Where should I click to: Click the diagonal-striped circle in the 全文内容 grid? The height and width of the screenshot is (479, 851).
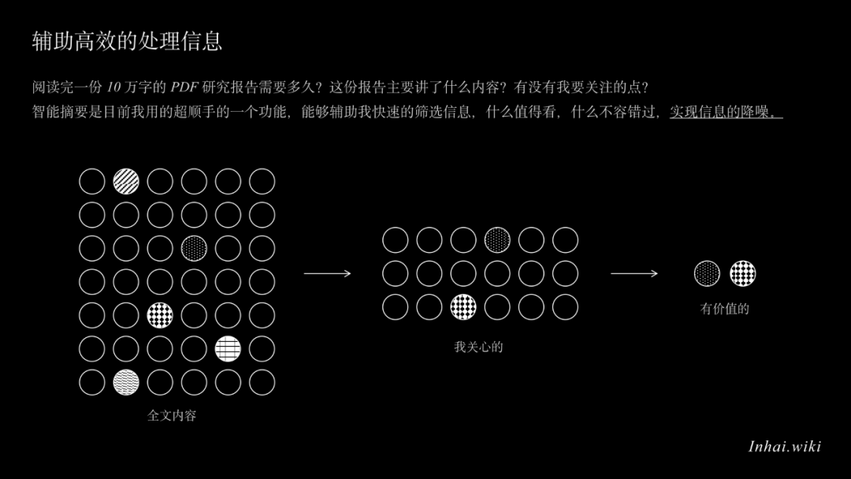[126, 181]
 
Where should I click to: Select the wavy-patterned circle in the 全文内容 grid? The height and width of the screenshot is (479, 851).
[126, 382]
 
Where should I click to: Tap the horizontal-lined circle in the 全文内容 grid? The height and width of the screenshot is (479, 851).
[228, 349]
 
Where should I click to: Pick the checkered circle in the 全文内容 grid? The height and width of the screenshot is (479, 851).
[160, 315]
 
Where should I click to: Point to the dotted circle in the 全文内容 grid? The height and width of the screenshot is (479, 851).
[194, 248]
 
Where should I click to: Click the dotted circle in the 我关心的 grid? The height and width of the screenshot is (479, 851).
[497, 240]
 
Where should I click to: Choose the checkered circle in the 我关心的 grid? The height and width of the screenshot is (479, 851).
[463, 307]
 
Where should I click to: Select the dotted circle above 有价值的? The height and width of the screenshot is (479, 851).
[707, 273]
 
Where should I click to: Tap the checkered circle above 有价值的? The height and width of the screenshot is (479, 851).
[742, 273]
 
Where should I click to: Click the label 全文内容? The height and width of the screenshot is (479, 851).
[172, 415]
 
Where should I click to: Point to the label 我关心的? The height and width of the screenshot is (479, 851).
[479, 347]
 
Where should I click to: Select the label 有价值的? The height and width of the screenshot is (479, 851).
[725, 309]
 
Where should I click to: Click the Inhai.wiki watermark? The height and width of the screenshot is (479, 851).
[785, 447]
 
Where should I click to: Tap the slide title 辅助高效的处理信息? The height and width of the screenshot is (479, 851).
[127, 41]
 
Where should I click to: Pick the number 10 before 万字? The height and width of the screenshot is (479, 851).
[113, 87]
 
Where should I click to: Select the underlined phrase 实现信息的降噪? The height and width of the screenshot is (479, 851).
[727, 112]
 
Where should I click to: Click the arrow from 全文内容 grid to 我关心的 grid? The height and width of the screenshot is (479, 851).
[327, 273]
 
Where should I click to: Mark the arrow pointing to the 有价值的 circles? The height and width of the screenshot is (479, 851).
[634, 273]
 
